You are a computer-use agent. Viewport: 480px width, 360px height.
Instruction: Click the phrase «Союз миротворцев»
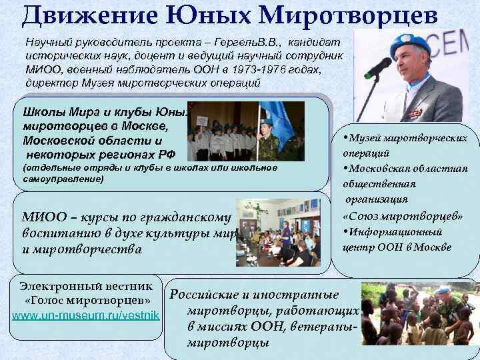403,216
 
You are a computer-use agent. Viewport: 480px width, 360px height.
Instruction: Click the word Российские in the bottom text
207,295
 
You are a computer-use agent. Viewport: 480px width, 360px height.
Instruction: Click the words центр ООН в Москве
397,247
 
